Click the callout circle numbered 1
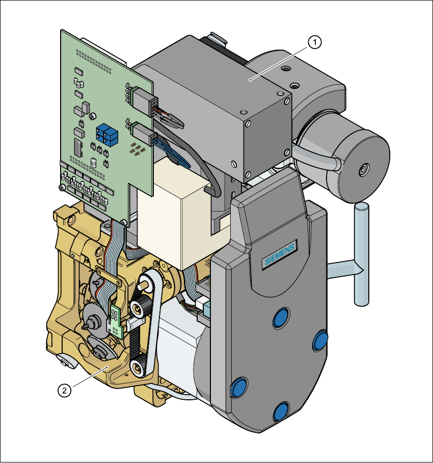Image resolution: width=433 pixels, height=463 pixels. click(x=314, y=42)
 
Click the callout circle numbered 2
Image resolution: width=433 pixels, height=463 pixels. click(x=64, y=391)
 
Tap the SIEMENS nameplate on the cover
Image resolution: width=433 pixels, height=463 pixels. click(x=279, y=254)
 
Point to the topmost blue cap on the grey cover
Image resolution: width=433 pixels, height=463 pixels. click(x=281, y=318)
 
